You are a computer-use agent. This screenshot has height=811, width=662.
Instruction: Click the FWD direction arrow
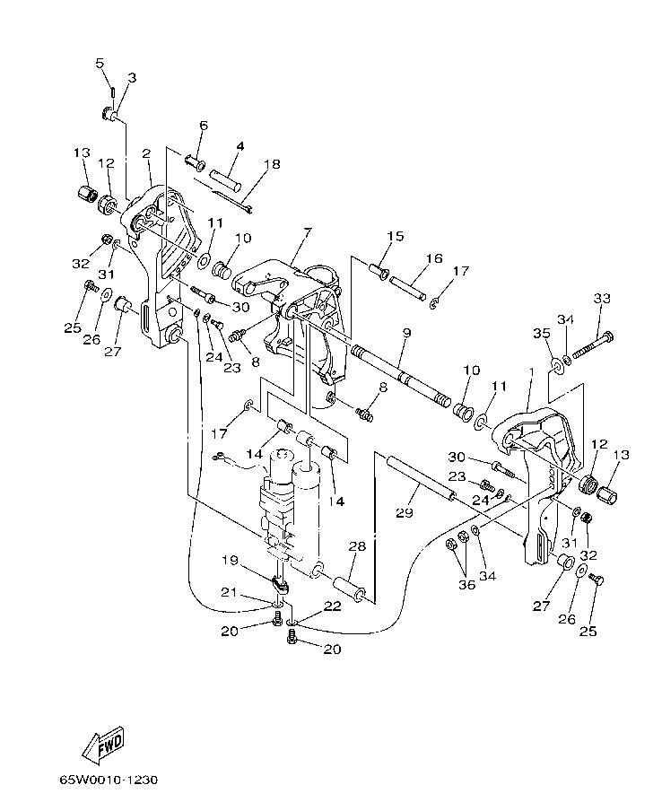click(x=100, y=745)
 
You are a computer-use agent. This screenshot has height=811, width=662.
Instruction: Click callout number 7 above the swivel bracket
click(x=307, y=232)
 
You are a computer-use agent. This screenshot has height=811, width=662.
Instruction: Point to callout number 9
click(x=406, y=333)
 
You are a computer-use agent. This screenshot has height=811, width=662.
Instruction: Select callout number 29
click(x=404, y=513)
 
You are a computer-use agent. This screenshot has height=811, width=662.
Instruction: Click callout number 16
click(x=434, y=258)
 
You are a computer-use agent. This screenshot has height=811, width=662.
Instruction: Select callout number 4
click(x=240, y=145)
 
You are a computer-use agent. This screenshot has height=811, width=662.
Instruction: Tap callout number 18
click(x=247, y=165)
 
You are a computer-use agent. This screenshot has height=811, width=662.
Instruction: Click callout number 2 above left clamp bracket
click(x=145, y=153)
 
